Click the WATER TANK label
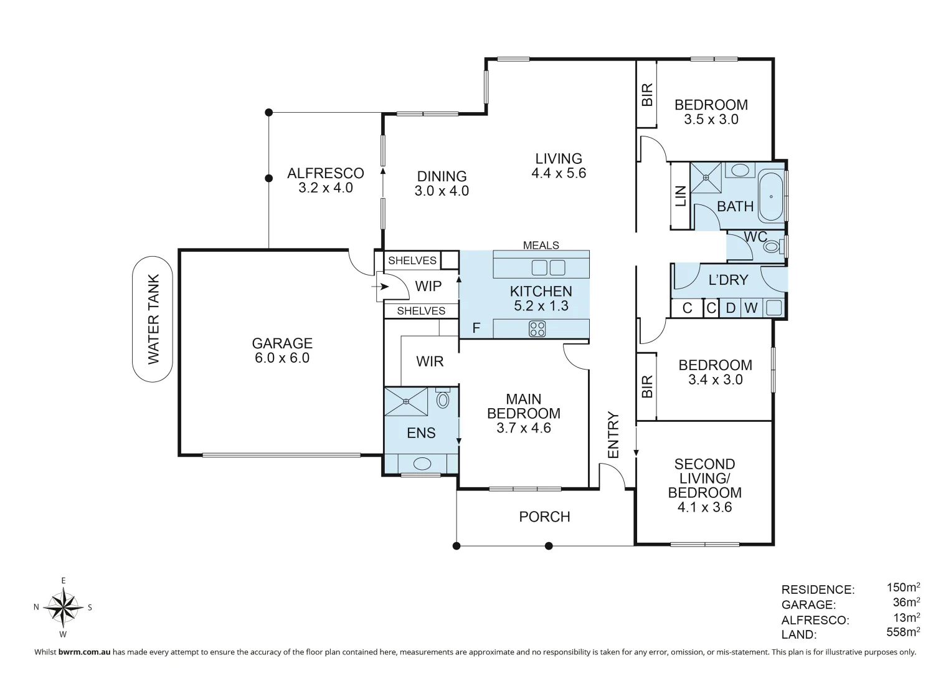153,319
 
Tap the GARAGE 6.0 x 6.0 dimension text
282,358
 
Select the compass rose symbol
63,607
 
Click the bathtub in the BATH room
771,196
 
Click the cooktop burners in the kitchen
537,329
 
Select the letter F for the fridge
476,328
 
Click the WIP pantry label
428,287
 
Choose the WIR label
430,361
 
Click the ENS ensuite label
421,433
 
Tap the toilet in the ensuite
442,398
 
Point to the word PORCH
545,517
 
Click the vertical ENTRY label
614,435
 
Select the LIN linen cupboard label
681,196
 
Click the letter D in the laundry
731,308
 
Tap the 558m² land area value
903,632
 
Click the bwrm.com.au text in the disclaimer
85,652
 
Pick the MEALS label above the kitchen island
541,245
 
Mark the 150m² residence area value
903,587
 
